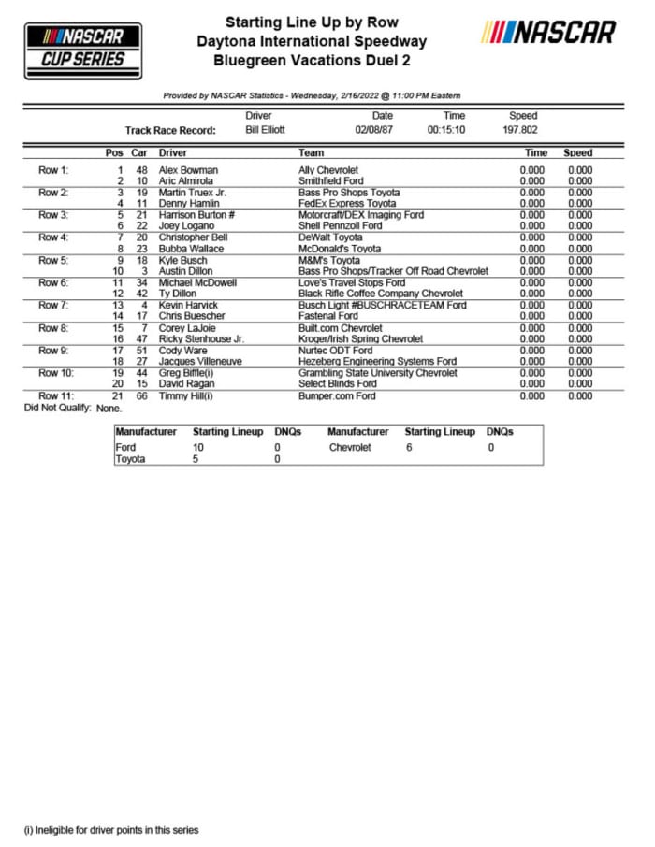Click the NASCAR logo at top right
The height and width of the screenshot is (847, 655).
point(549,33)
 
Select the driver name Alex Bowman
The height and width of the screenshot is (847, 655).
point(188,170)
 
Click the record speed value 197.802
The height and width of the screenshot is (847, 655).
point(523,130)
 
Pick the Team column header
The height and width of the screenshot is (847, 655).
point(311,152)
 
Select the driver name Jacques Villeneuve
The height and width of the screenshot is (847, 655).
point(201,361)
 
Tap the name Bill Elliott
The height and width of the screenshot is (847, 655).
point(265,130)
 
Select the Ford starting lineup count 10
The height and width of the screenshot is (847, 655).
point(197,448)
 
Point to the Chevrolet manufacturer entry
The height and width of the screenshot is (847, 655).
point(349,448)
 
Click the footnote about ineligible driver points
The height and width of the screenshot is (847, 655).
point(111,829)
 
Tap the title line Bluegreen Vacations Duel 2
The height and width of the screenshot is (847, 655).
point(311,61)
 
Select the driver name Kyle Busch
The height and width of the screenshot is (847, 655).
point(183,260)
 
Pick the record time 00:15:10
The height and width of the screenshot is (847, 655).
point(446,130)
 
